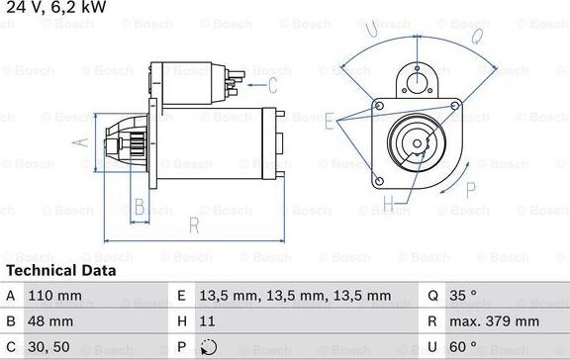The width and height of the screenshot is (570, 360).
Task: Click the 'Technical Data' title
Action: (x=60, y=270)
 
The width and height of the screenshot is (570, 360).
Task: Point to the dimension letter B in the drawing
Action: (x=140, y=206)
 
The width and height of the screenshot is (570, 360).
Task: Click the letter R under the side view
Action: (x=194, y=226)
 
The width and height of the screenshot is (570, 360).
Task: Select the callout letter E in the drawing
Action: (x=328, y=120)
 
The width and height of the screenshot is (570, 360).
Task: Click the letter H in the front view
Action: (x=389, y=205)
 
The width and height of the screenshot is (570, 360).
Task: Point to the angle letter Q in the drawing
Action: (x=476, y=37)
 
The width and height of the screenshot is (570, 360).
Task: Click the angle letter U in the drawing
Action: (x=372, y=31)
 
